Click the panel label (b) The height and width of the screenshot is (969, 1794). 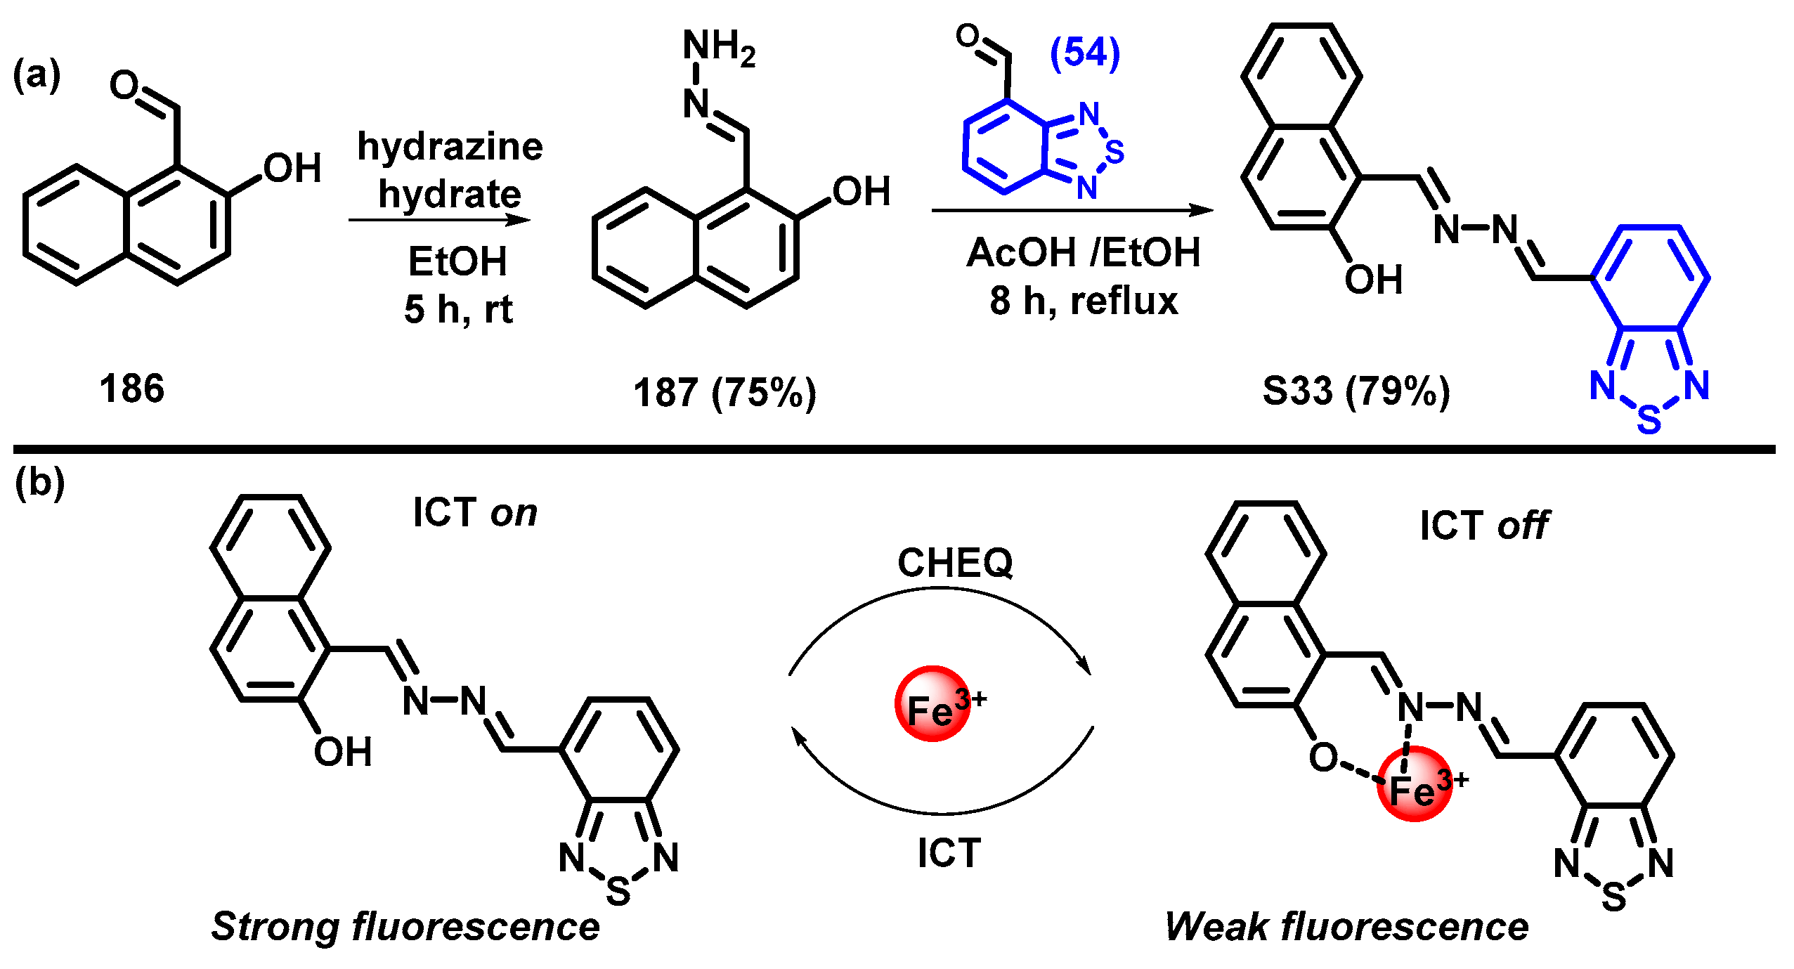click(40, 483)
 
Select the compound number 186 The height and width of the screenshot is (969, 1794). click(132, 389)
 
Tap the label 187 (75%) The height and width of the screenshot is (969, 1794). click(724, 392)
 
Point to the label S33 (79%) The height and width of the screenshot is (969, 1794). click(1356, 391)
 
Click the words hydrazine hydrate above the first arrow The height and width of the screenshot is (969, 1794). click(450, 170)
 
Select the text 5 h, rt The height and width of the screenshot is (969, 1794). click(458, 309)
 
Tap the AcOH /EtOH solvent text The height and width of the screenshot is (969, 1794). click(1084, 252)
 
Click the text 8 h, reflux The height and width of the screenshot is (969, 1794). click(1084, 301)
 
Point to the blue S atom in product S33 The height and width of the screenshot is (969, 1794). click(1649, 420)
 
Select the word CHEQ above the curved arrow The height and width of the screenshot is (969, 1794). click(955, 563)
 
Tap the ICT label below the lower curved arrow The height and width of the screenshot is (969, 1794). click(949, 853)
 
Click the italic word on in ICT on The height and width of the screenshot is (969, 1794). click(514, 513)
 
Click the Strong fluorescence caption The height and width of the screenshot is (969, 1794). click(405, 926)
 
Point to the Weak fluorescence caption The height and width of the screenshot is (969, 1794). click(1346, 926)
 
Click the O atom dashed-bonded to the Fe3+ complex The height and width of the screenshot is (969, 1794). click(1323, 757)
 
